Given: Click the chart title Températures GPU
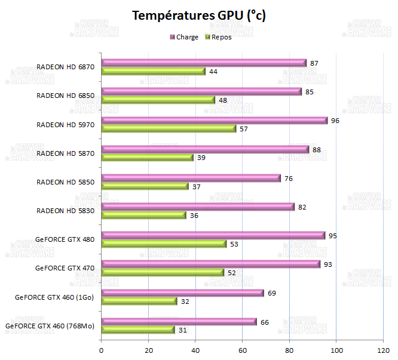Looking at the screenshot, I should point(198,16).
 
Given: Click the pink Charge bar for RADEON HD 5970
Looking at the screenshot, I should point(214,120).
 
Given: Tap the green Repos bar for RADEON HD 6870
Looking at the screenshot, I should point(153,72).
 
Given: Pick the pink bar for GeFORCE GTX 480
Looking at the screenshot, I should point(213,235).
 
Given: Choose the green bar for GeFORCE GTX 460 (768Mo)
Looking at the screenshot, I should point(137,330).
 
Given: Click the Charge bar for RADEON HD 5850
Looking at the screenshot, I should point(191,178).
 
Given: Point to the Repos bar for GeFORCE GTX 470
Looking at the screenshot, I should point(163,272).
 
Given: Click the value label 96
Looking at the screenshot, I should point(335,120).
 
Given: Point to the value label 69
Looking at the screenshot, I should point(271,293).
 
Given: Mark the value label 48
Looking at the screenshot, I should point(222,100).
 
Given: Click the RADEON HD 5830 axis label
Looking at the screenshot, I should point(65,211).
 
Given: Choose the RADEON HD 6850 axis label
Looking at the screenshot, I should point(65,96).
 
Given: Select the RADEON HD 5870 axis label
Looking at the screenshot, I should point(65,153).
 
